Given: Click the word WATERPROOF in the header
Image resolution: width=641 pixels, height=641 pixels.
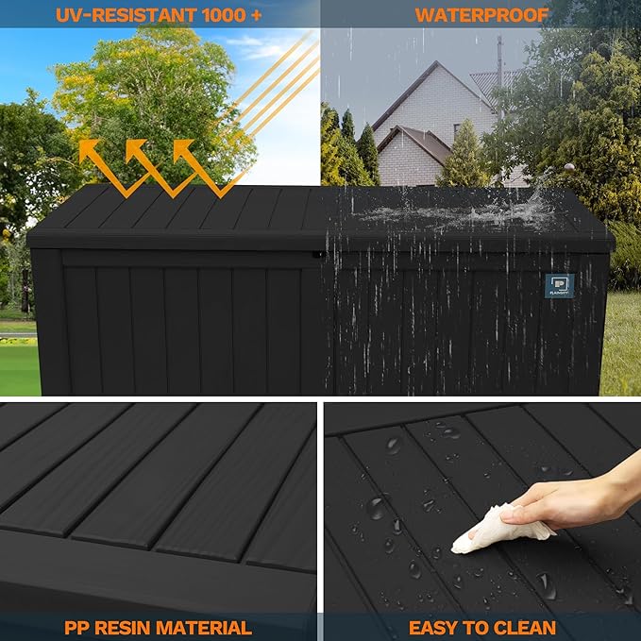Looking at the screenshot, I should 481,14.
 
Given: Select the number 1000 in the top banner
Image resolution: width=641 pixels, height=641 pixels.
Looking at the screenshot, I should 224,14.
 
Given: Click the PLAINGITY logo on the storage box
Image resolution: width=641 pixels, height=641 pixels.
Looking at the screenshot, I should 559,286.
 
